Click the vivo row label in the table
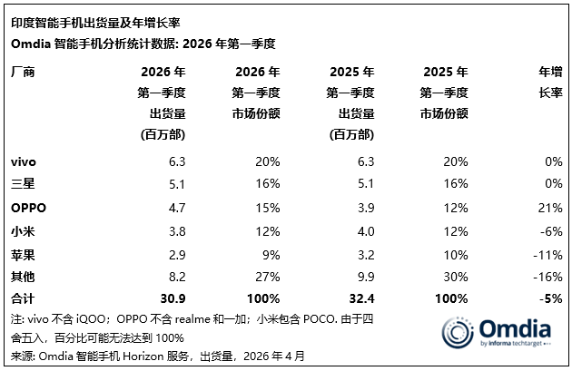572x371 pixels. (24, 161)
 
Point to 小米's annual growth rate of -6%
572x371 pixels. (550, 229)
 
